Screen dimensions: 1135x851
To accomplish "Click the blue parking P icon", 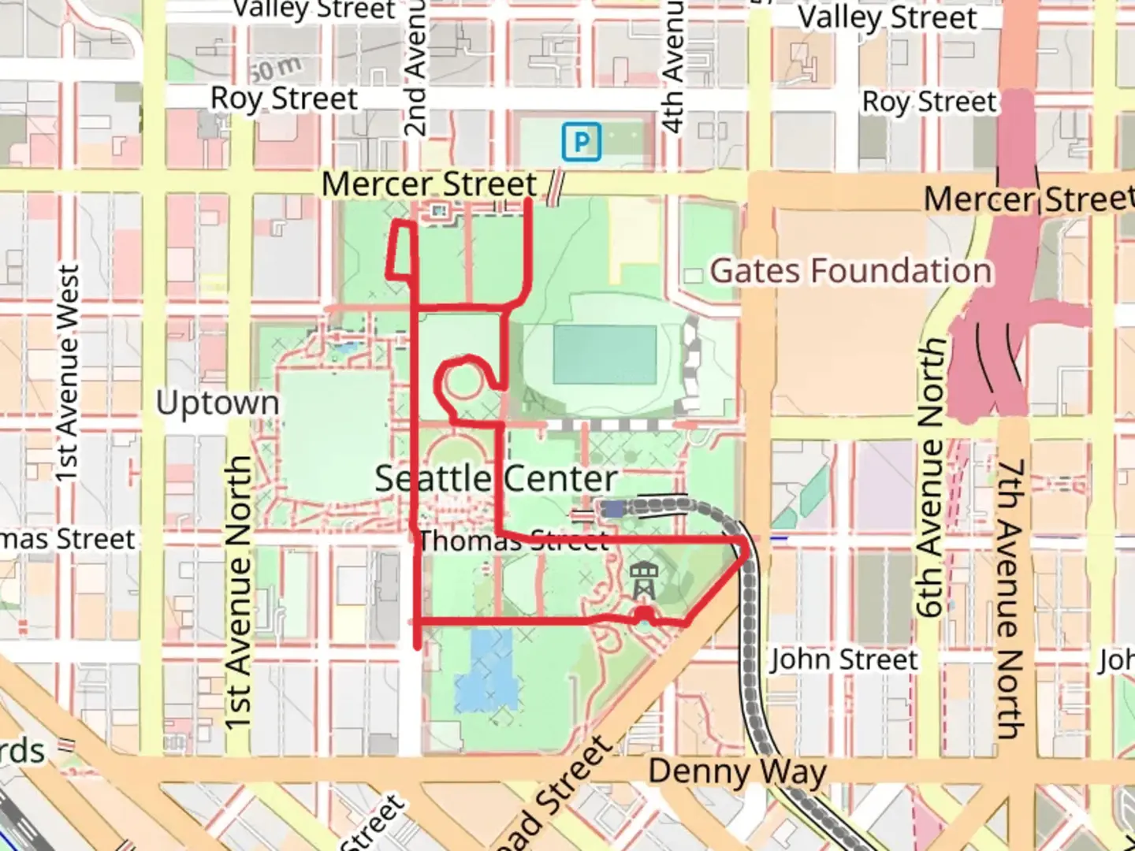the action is (x=582, y=142).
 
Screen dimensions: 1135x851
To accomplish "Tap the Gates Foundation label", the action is (x=850, y=271).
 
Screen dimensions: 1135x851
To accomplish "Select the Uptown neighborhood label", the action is (x=218, y=403).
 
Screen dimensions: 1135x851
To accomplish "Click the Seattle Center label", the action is (x=495, y=478).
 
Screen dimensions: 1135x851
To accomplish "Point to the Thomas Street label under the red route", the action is (x=514, y=541).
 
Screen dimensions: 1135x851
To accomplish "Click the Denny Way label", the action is (x=738, y=771).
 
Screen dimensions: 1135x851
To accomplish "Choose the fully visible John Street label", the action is (x=844, y=659).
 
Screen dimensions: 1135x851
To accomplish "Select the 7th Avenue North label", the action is (x=1010, y=599).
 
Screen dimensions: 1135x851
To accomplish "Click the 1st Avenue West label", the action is (x=68, y=373).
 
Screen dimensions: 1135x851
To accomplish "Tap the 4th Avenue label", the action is (x=672, y=67).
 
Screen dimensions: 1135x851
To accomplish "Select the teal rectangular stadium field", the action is (x=605, y=355).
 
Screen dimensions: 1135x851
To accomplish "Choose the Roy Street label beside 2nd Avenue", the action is (x=284, y=99).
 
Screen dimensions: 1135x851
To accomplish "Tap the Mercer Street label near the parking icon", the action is (x=429, y=184).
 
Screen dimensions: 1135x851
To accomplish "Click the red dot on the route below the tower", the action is (x=645, y=615).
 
